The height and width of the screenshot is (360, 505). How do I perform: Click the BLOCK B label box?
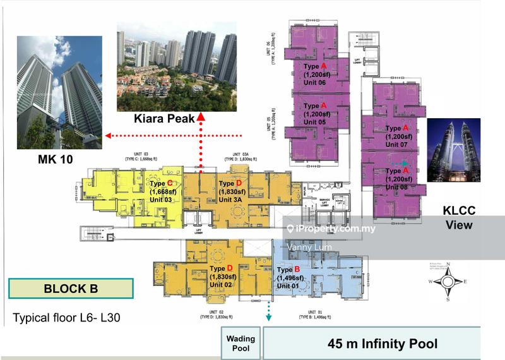coord(71,289)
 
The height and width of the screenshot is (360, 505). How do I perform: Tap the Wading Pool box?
coord(239,343)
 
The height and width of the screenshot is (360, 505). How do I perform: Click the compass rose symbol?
coord(448,283)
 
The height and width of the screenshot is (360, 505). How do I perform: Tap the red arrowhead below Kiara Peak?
coord(201,117)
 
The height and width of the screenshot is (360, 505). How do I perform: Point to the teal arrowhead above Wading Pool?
coord(268,317)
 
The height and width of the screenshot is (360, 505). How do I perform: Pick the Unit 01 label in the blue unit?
coord(289,287)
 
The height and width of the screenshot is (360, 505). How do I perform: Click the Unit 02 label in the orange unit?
coord(222,285)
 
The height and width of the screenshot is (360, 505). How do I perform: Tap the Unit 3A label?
coord(231,200)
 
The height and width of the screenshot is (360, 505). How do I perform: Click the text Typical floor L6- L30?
coord(66,317)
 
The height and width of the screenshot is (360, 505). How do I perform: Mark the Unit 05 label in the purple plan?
coord(316,122)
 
